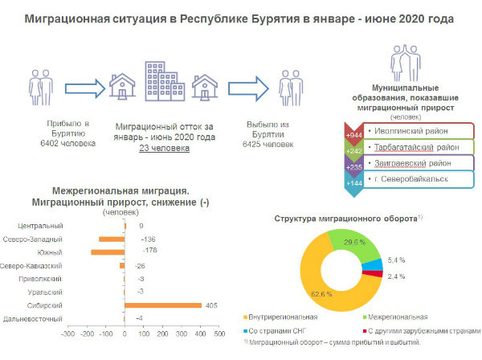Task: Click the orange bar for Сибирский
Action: [x=163, y=305]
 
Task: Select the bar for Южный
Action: [x=108, y=252]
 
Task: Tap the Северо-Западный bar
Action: [x=112, y=239]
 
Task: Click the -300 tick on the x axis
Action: [x=67, y=332]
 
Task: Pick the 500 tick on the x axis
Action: [x=220, y=332]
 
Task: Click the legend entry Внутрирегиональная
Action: [x=284, y=317]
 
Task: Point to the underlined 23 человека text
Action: [x=164, y=148]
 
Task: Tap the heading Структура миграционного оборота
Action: [x=345, y=219]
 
